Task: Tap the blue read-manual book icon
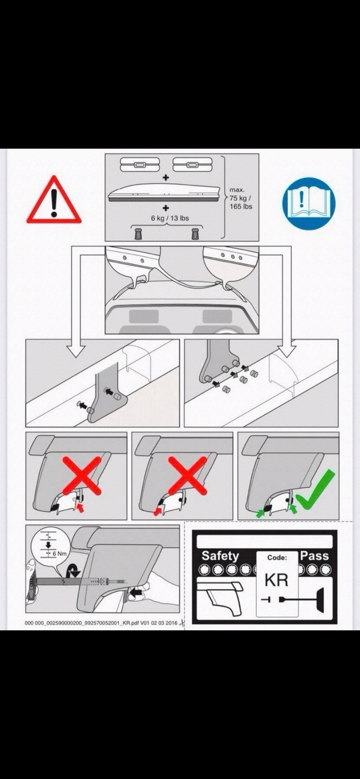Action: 309,203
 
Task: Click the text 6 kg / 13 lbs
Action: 170,218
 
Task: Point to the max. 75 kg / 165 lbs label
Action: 241,198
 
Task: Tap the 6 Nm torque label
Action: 60,553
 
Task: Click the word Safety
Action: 220,556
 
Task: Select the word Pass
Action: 314,556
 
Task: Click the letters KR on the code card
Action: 277,580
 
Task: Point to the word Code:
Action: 277,557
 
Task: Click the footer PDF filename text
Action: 101,623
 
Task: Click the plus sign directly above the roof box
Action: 166,178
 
